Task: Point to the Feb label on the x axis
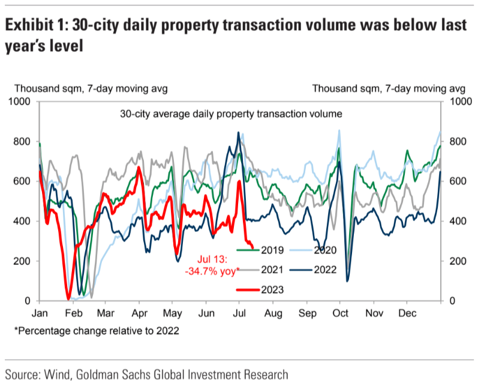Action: pyautogui.click(x=73, y=314)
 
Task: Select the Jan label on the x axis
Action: pyautogui.click(x=40, y=314)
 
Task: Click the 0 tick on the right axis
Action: pyautogui.click(x=451, y=301)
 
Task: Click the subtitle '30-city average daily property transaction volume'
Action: pyautogui.click(x=231, y=113)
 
